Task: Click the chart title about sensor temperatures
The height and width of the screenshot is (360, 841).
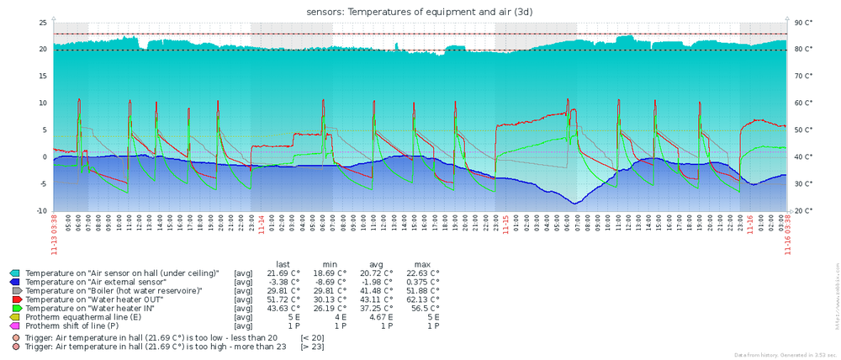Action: pos(420,11)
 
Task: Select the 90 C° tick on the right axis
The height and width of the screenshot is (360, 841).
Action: pos(802,23)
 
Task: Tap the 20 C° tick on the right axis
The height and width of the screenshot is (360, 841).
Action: pos(802,211)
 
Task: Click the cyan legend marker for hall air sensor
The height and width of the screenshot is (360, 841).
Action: pos(14,273)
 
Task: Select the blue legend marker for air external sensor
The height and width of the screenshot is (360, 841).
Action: pos(14,282)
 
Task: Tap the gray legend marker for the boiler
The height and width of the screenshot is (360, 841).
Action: pos(14,290)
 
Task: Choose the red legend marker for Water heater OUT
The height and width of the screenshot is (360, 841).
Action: pos(14,299)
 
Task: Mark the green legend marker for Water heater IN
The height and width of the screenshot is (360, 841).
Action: pos(14,307)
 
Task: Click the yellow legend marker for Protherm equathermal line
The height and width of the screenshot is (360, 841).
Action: pos(14,315)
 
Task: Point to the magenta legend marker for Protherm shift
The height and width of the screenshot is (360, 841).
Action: pos(14,324)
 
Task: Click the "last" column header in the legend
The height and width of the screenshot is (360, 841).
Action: pos(283,263)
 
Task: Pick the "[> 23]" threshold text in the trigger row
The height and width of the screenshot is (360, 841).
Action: pos(313,346)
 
